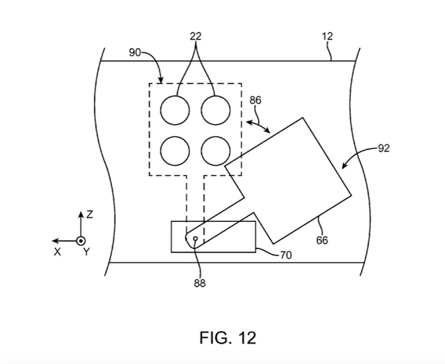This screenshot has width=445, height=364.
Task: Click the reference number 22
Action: (195, 36)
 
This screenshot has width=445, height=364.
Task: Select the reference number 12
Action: (327, 36)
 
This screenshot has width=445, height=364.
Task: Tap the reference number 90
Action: (135, 52)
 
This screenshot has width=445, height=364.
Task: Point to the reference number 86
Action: (255, 100)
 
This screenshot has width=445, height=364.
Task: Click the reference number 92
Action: (383, 148)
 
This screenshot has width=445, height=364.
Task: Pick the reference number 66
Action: (322, 240)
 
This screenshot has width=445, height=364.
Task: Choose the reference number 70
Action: (286, 255)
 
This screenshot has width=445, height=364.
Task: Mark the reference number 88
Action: (200, 283)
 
